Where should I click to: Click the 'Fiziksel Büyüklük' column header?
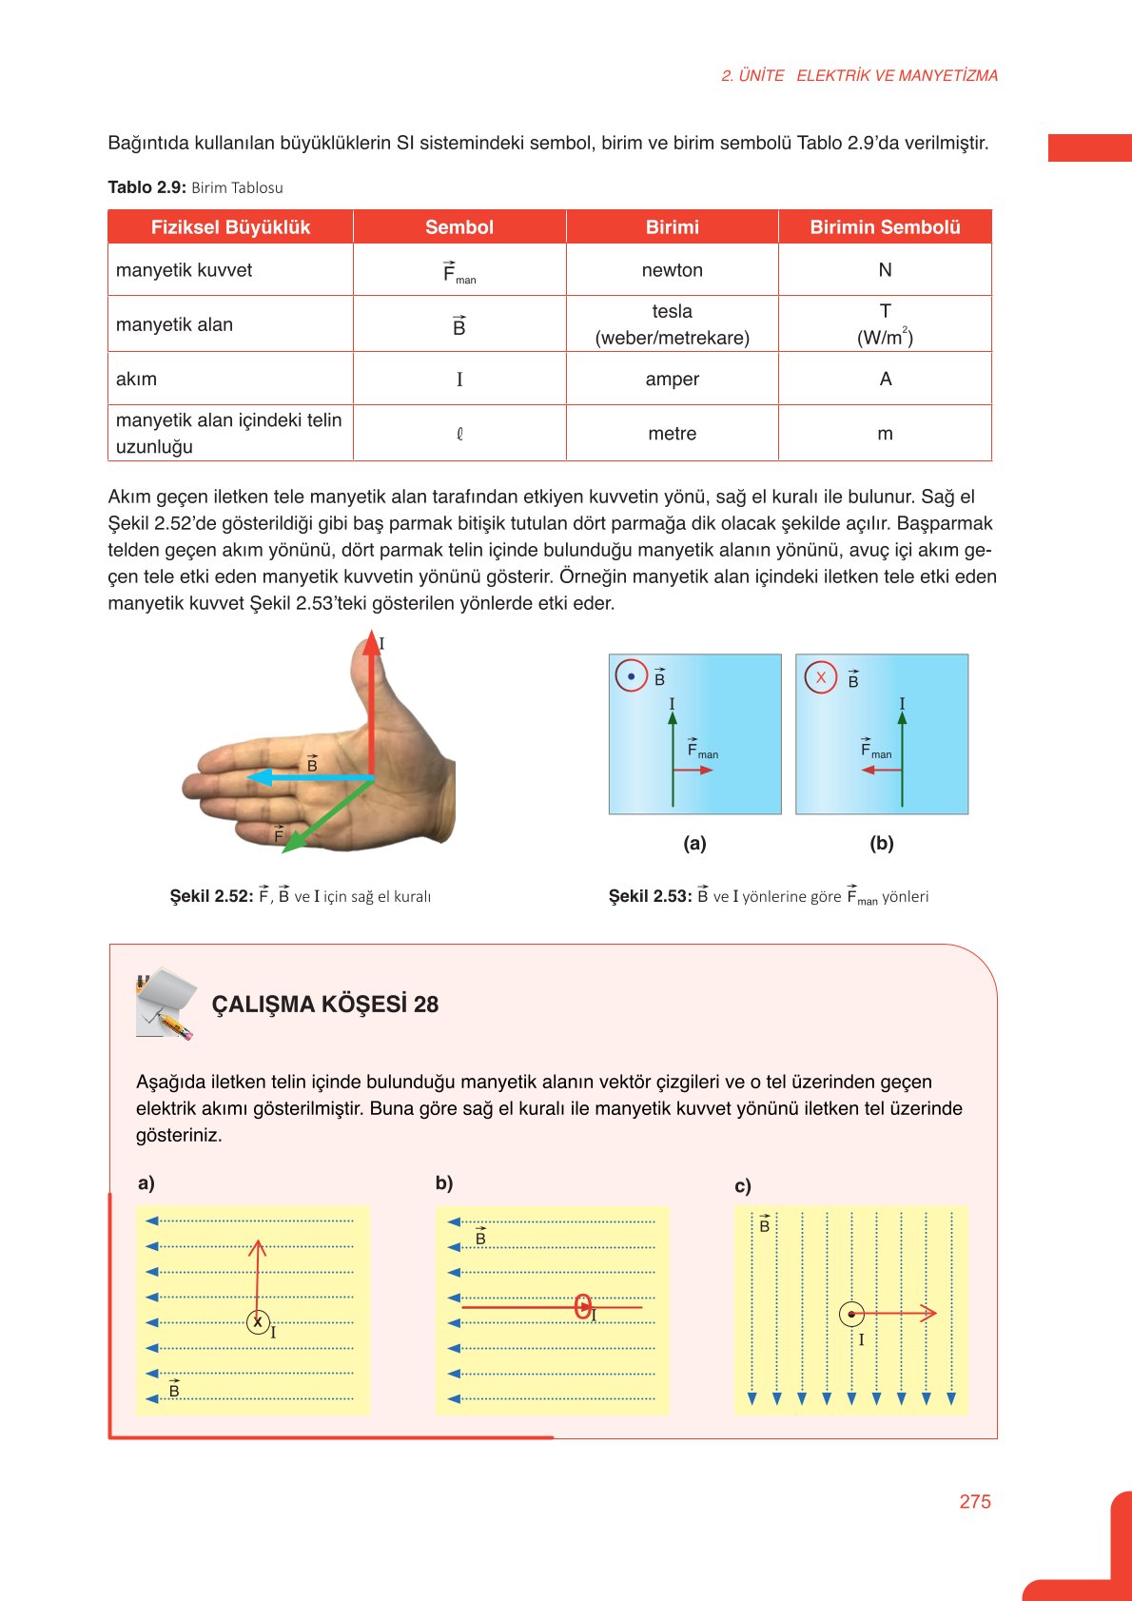click(231, 227)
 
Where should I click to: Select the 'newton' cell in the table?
click(672, 270)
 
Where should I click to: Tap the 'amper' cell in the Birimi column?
click(672, 379)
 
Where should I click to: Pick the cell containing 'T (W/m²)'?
click(885, 324)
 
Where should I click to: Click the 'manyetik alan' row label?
click(175, 324)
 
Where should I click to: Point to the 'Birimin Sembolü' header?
click(885, 227)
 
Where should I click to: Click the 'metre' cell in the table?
click(672, 434)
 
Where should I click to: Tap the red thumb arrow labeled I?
click(371, 704)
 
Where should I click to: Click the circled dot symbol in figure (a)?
click(631, 676)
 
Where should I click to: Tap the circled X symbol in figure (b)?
click(821, 677)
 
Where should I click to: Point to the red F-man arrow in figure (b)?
click(881, 770)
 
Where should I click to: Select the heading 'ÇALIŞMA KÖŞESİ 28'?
click(324, 1005)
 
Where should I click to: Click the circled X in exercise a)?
click(258, 1321)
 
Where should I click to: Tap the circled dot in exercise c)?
click(851, 1315)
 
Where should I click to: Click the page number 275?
click(974, 1501)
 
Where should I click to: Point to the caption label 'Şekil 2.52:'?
click(211, 896)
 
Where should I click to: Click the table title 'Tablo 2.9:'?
click(146, 187)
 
